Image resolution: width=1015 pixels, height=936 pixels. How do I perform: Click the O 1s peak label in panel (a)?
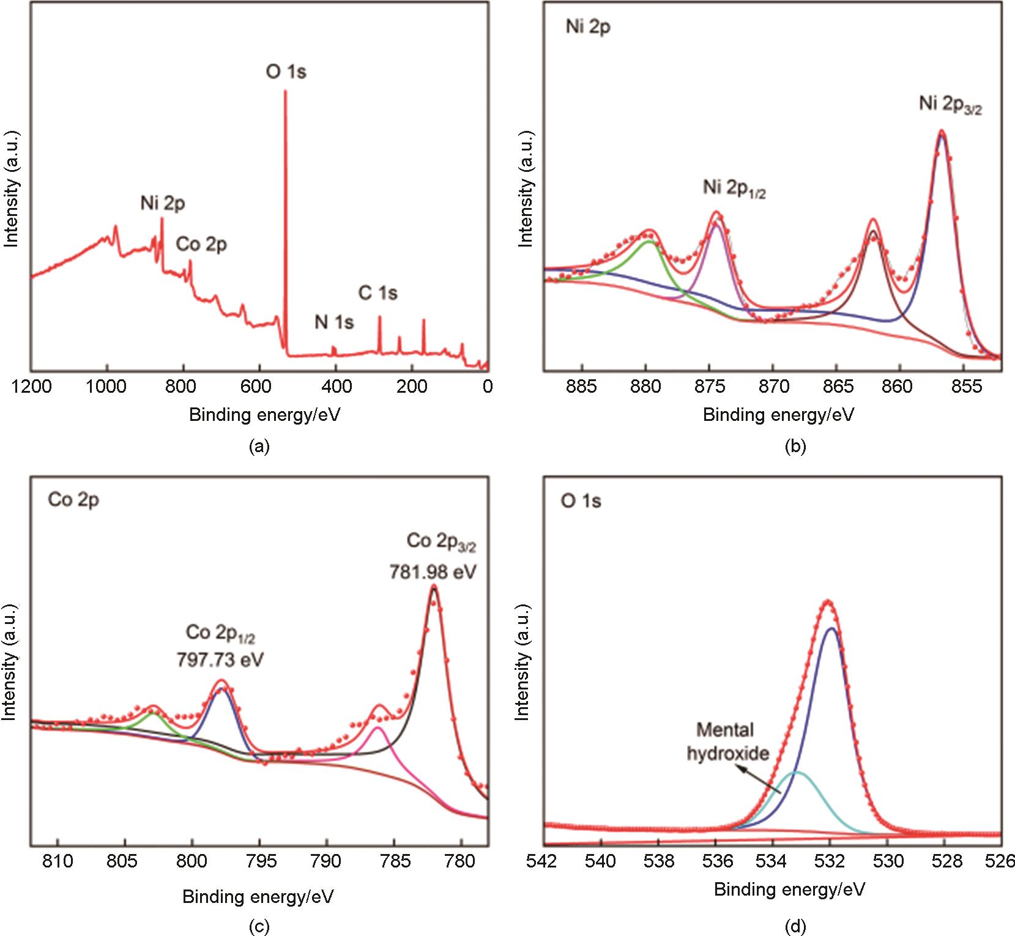coord(286,72)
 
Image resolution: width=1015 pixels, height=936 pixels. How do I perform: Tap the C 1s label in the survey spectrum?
coord(377,294)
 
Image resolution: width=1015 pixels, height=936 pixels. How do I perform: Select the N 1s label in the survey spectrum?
coord(334,322)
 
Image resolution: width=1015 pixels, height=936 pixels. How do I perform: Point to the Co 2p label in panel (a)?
coord(201,245)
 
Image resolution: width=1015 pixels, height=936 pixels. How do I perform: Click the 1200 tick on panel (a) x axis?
coord(31,387)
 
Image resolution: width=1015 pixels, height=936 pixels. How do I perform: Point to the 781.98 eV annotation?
coord(433,573)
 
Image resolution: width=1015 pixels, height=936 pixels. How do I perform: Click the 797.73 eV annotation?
coord(220,661)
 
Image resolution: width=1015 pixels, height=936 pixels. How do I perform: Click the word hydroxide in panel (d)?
coord(727,753)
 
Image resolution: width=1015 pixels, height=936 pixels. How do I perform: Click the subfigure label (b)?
coord(795,447)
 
